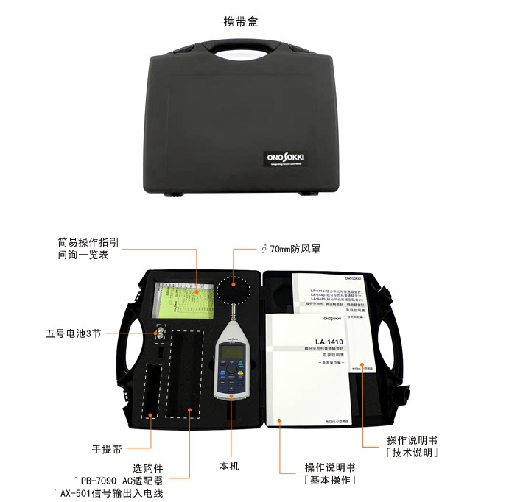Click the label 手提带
[107, 448]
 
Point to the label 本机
[229, 466]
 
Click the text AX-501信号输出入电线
[111, 494]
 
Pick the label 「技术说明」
[413, 453]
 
